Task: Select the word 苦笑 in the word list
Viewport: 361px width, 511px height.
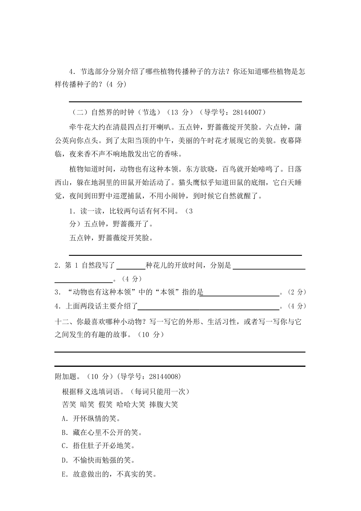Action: [x=69, y=404]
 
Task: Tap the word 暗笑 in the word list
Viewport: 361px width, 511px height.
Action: [x=87, y=404]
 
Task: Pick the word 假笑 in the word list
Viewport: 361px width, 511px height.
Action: [x=105, y=404]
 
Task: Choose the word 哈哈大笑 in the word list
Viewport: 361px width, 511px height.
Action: [x=131, y=404]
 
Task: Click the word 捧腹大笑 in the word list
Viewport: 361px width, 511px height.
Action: [x=163, y=404]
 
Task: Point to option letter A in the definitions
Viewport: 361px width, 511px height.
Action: [x=64, y=419]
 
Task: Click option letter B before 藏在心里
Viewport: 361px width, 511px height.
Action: [x=64, y=433]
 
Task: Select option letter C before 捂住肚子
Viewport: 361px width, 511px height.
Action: [x=64, y=446]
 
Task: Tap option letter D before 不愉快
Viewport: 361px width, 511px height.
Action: [x=64, y=460]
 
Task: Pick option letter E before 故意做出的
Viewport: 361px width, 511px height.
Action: [x=64, y=474]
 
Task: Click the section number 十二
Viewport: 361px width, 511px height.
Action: [x=61, y=322]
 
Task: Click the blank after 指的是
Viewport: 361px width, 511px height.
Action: [x=241, y=292]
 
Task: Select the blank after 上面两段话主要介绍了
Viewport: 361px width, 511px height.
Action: [x=208, y=306]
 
